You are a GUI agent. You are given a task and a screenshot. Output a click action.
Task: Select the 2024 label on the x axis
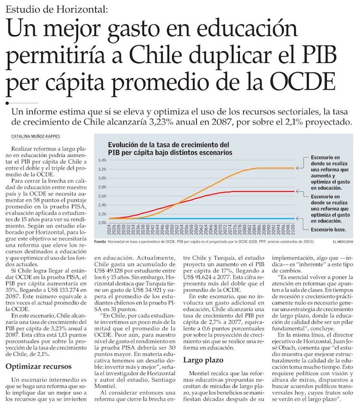[x=109, y=232]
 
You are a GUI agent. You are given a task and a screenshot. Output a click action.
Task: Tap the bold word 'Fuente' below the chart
[x=100, y=241]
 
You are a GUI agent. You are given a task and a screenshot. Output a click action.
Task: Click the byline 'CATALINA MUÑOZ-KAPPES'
[x=34, y=136]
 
